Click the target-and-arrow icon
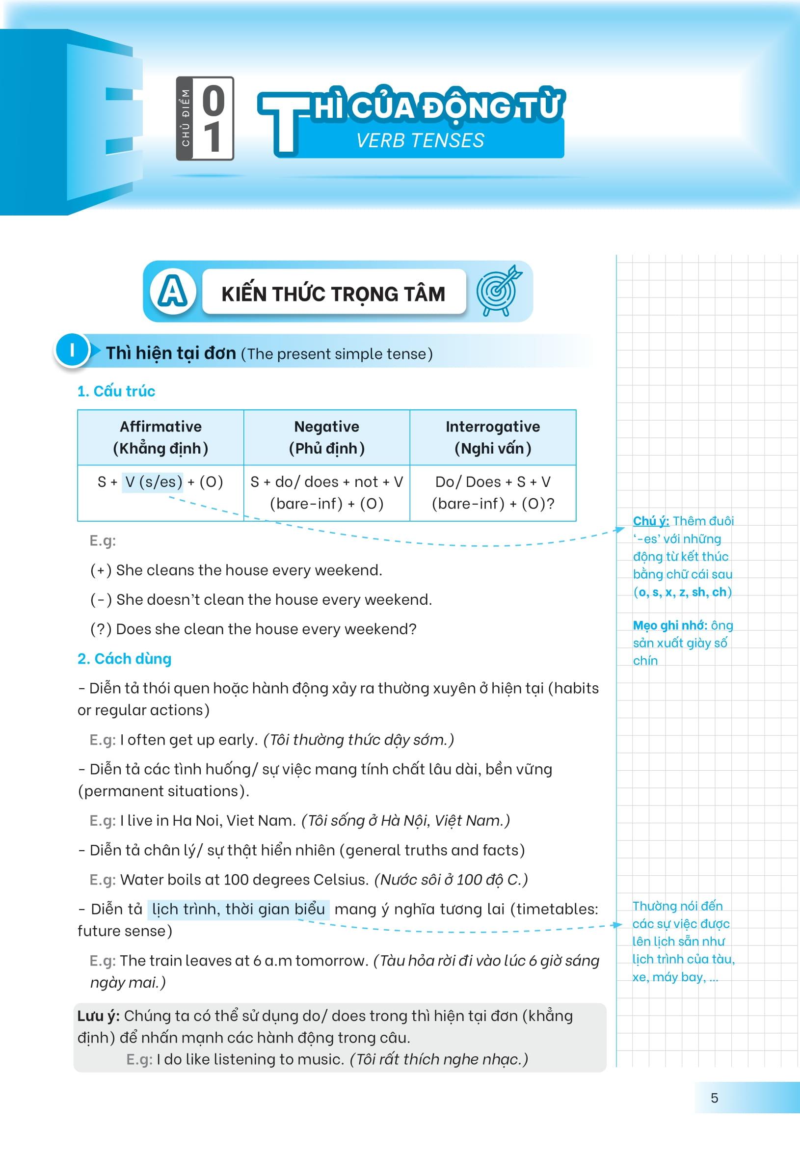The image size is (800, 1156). (498, 291)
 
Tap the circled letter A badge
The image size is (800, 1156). (172, 292)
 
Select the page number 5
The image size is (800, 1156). (714, 1098)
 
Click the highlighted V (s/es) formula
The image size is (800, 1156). (153, 482)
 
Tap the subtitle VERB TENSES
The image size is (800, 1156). (420, 140)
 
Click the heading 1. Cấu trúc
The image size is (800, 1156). (116, 391)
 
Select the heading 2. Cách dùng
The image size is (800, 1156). (124, 659)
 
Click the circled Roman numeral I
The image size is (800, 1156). (72, 350)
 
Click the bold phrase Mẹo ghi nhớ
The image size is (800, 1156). (669, 625)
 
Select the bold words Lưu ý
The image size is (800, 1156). (98, 1016)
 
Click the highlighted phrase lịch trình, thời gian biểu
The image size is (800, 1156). (239, 910)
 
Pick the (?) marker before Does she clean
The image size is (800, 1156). (101, 629)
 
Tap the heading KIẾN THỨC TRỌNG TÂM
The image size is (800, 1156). (333, 294)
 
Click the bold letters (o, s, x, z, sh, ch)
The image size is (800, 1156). (682, 592)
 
